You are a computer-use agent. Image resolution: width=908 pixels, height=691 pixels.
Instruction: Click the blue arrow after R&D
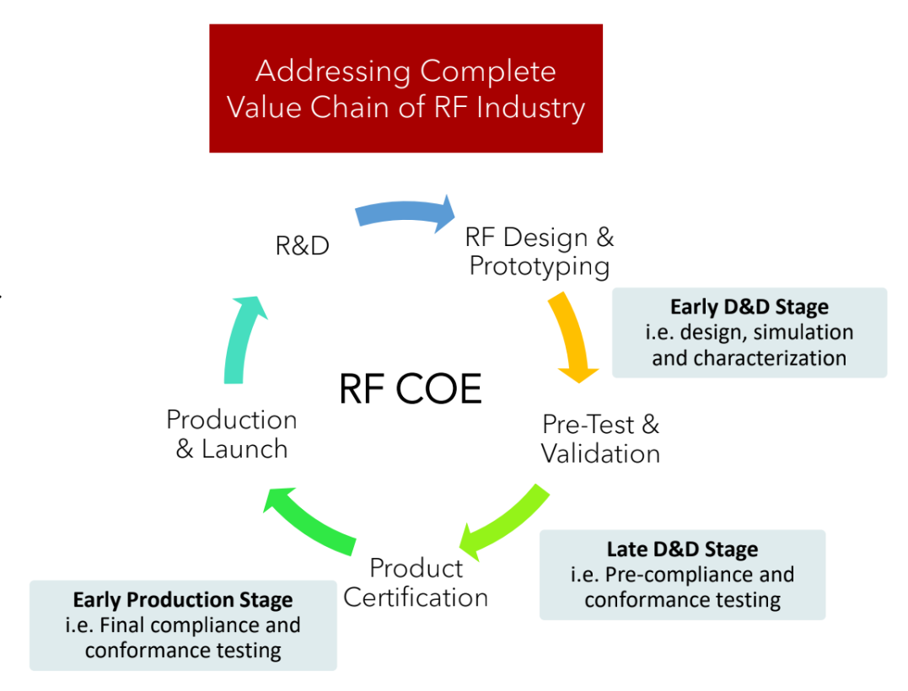point(406,212)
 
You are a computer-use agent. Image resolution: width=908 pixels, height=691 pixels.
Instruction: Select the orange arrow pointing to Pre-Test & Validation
point(571,335)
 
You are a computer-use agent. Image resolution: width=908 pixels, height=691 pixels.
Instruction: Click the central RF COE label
point(410,388)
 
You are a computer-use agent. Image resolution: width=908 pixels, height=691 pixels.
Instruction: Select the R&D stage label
point(303,246)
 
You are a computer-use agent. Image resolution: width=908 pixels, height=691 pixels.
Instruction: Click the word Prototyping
point(539,267)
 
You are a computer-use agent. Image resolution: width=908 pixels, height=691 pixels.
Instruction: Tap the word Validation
point(600,453)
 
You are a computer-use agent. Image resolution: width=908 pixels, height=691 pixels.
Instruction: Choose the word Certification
point(416,597)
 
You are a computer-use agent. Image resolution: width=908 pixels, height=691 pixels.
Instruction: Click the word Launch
point(244,449)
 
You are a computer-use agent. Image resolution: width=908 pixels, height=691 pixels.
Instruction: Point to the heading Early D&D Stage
point(750,307)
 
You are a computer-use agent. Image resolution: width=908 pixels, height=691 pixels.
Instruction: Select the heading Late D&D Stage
point(682,549)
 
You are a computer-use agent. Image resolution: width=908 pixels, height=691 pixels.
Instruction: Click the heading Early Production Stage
point(183,600)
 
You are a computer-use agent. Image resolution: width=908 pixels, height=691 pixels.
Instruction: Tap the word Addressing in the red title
point(333,72)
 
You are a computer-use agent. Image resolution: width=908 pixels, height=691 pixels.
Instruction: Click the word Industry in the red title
point(530,108)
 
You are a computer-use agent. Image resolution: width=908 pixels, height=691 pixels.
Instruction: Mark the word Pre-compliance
point(678,575)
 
